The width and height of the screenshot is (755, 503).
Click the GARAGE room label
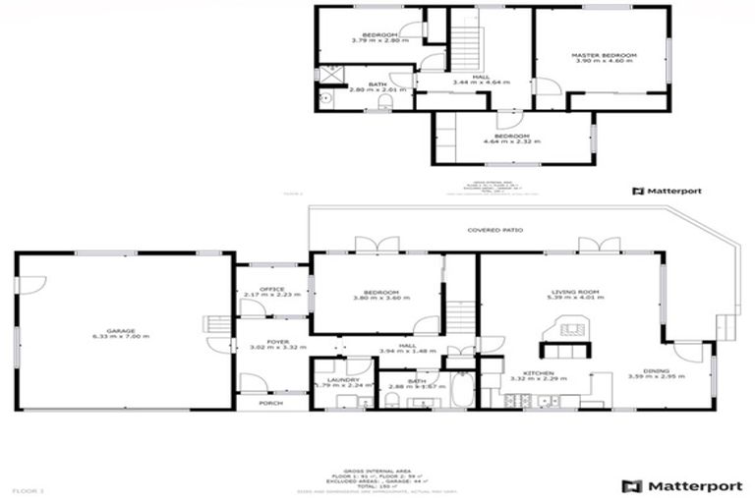[121, 331]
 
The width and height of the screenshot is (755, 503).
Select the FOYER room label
[270, 342]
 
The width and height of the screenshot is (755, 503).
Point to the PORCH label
[270, 403]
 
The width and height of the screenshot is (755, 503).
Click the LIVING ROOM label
[577, 292]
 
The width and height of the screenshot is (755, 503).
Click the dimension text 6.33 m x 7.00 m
[121, 337]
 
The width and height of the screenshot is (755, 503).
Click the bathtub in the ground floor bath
[461, 389]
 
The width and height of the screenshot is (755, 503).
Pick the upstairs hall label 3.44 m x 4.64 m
[481, 83]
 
